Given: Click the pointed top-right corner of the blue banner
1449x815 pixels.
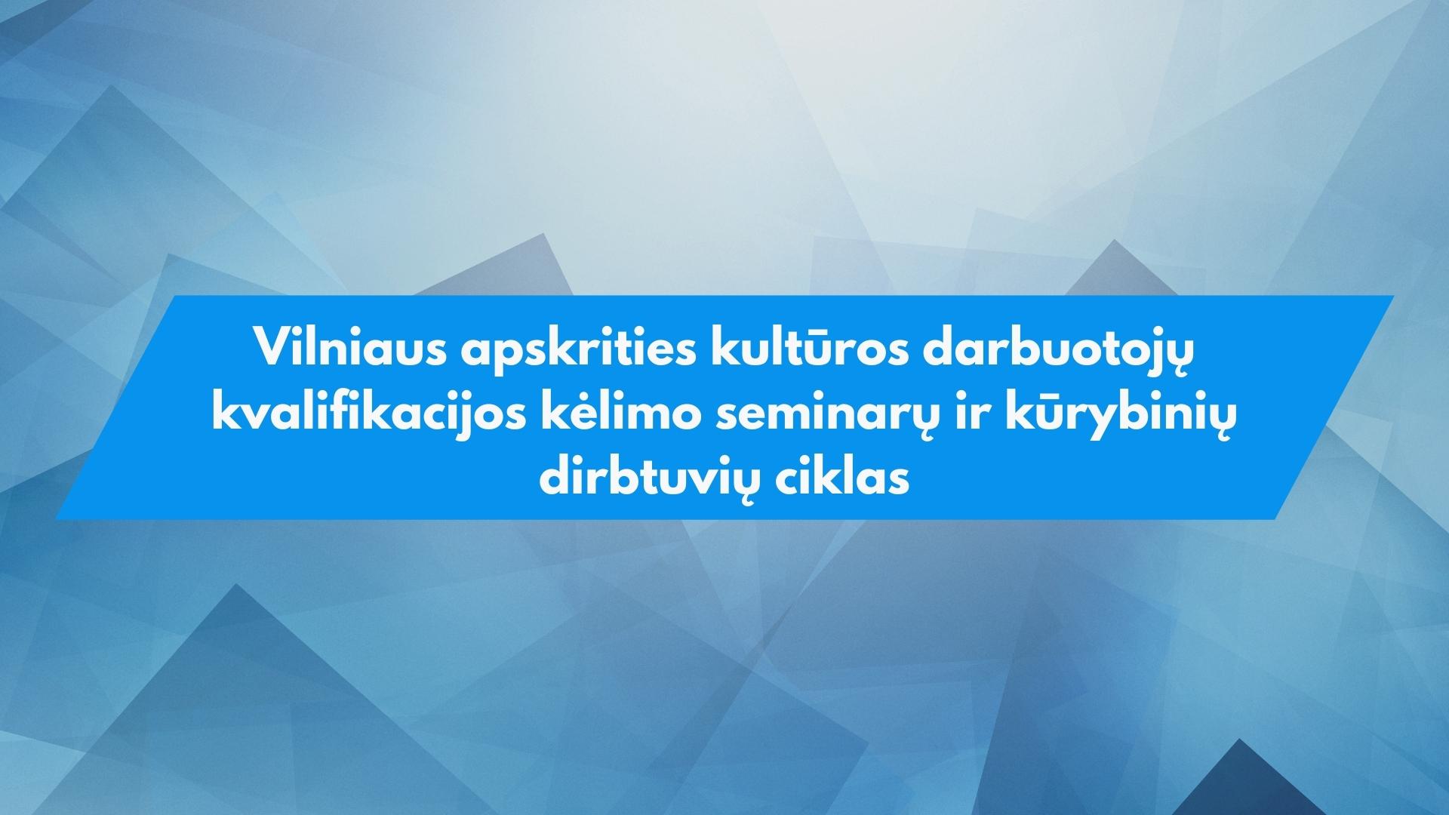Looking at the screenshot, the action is click(x=1393, y=296).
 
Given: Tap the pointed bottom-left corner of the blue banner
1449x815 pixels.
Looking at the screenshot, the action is click(x=56, y=518).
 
